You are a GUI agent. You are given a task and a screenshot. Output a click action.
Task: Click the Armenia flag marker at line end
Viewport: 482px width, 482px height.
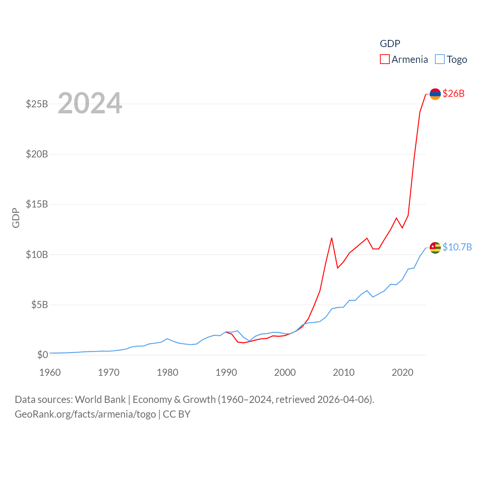tap(435, 94)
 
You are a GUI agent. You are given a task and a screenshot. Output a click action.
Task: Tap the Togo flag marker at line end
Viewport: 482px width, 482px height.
tap(435, 247)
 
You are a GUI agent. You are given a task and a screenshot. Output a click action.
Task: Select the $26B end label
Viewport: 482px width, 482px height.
tap(453, 93)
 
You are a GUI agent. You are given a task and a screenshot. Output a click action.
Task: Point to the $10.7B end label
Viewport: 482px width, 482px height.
tap(457, 247)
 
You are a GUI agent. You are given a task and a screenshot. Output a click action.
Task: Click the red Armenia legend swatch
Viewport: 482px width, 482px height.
tap(384, 59)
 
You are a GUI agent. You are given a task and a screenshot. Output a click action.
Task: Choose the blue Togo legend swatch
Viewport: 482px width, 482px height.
tap(439, 59)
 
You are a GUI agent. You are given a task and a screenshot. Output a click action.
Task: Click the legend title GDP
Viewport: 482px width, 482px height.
tap(390, 44)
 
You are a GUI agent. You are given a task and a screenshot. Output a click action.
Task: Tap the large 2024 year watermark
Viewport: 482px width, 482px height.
tap(90, 103)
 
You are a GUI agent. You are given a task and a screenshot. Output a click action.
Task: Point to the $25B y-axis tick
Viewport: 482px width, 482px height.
tap(37, 104)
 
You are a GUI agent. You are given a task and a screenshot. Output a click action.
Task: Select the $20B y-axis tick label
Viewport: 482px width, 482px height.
tap(37, 154)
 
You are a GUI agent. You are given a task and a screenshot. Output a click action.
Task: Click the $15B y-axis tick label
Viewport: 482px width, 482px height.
tap(37, 204)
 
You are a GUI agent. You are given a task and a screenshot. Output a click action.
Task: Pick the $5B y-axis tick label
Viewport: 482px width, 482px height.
tap(40, 305)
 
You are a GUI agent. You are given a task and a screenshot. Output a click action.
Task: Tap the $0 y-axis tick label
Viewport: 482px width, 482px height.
tap(43, 355)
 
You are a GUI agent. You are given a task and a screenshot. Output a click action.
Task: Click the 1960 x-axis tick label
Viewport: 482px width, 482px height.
tap(50, 373)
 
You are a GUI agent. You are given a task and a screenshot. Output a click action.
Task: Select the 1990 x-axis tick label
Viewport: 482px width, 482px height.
tap(226, 373)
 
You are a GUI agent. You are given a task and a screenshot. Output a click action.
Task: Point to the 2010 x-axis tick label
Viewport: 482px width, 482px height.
tap(344, 373)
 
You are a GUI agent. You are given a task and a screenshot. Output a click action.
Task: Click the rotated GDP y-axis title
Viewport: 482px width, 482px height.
tap(16, 218)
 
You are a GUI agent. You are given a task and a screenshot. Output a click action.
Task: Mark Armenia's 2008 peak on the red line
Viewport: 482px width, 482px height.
tap(332, 238)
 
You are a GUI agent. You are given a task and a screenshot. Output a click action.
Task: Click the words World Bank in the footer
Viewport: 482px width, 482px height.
tap(100, 400)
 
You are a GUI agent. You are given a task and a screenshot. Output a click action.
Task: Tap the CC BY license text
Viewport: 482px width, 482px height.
tap(177, 414)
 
